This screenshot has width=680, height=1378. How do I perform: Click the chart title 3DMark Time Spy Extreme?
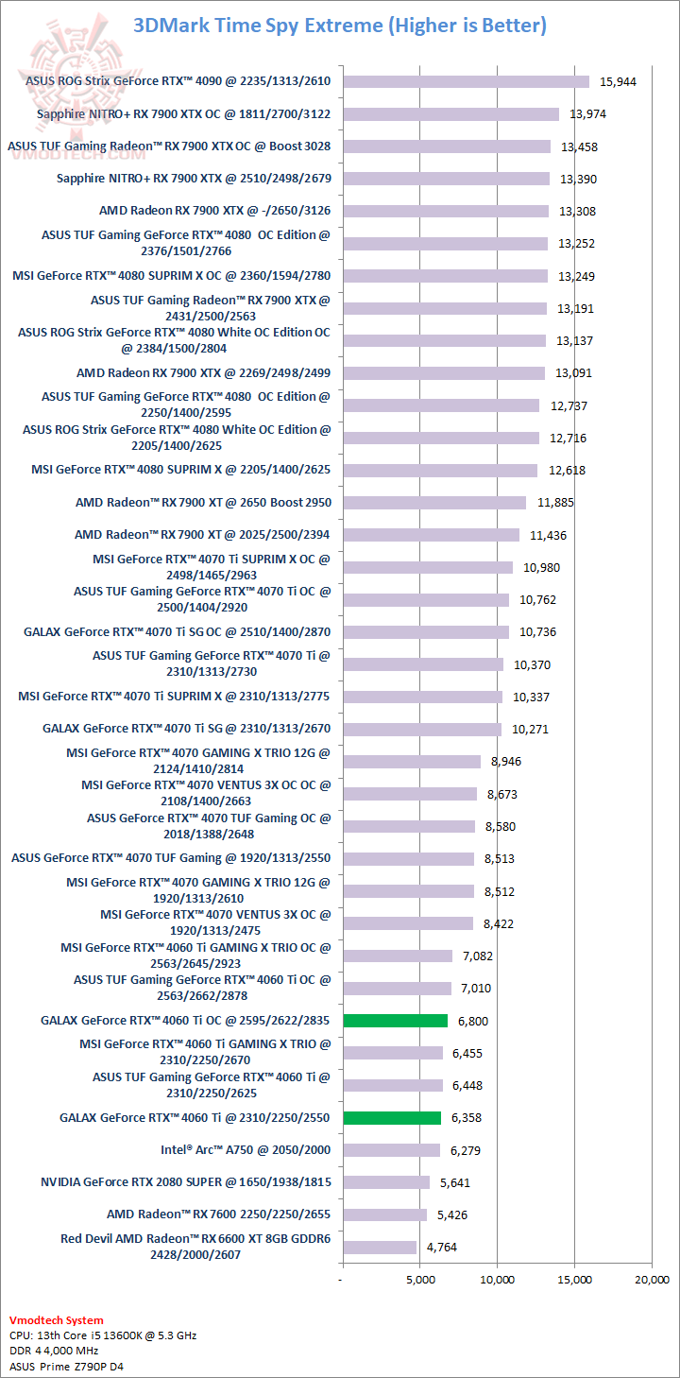click(340, 26)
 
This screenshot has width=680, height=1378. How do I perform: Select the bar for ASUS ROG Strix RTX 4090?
click(466, 81)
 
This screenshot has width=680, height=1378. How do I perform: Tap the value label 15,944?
click(618, 82)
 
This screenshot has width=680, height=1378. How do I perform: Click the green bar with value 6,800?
click(395, 1021)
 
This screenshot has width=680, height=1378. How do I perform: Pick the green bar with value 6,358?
click(392, 1117)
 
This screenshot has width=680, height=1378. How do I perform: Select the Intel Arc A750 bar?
click(391, 1150)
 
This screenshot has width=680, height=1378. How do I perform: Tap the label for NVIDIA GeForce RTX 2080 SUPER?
click(186, 1182)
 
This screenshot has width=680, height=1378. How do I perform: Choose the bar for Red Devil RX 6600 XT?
click(379, 1247)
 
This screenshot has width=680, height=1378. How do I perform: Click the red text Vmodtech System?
click(56, 1320)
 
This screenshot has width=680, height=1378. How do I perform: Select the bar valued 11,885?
click(434, 503)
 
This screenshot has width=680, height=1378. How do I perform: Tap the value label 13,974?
click(587, 114)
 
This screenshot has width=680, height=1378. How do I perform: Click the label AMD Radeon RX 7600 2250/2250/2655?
click(219, 1214)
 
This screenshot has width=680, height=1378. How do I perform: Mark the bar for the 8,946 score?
click(412, 762)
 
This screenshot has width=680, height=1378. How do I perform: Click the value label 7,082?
click(477, 956)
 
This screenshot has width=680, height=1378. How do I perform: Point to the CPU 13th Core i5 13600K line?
click(103, 1335)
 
